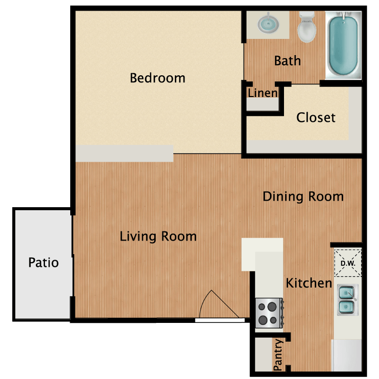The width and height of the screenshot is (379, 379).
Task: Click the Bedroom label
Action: pyautogui.click(x=158, y=78)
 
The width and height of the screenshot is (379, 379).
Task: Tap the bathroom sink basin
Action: pyautogui.click(x=268, y=24)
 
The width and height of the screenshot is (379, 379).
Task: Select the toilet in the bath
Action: pyautogui.click(x=307, y=27)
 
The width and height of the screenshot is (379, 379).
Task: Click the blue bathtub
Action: pyautogui.click(x=344, y=45)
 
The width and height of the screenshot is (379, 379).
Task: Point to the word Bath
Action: pyautogui.click(x=288, y=61)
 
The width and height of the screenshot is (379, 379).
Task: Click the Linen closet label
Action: pyautogui.click(x=263, y=93)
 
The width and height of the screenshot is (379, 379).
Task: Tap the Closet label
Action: pyautogui.click(x=316, y=117)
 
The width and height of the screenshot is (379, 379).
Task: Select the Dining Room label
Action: pyautogui.click(x=303, y=196)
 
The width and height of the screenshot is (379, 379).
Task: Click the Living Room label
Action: pyautogui.click(x=158, y=236)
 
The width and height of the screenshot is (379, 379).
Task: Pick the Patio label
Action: pyautogui.click(x=43, y=262)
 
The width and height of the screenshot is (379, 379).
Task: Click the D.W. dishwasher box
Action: pyautogui.click(x=348, y=263)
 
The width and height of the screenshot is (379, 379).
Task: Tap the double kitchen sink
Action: pyautogui.click(x=347, y=300)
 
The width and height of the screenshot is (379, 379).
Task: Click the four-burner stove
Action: pyautogui.click(x=269, y=313)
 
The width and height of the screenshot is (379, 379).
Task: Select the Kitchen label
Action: pyautogui.click(x=309, y=283)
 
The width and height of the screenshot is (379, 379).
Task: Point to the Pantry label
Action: pyautogui.click(x=278, y=355)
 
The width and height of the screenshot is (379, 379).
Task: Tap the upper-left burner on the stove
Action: pyautogui.click(x=262, y=307)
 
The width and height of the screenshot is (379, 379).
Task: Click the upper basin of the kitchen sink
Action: pyautogui.click(x=346, y=293)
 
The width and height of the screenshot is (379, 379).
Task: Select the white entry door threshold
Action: pyautogui.click(x=220, y=320)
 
